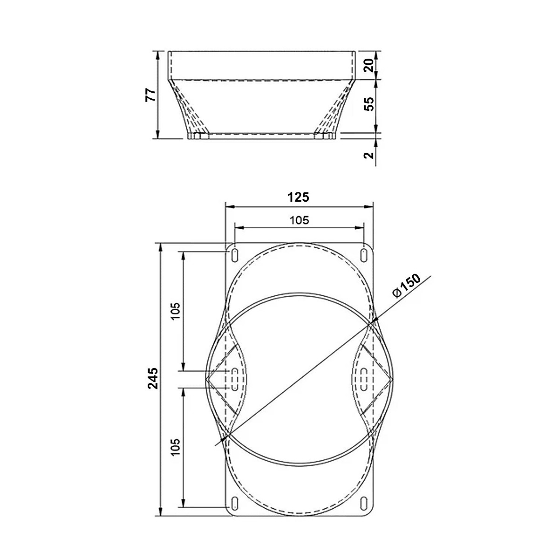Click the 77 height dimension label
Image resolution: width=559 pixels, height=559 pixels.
point(150,95)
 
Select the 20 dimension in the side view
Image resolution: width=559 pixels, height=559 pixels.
point(369,65)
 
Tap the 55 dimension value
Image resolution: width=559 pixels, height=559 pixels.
point(369,104)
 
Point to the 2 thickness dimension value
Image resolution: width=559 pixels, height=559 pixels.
point(369,155)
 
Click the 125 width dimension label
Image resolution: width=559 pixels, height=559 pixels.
point(298,197)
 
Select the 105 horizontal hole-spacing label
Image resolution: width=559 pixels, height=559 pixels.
point(300,220)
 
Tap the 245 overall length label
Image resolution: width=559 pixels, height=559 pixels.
point(153,378)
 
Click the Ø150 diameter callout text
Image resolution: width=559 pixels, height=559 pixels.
point(406,285)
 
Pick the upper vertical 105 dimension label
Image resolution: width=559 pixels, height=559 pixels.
point(176,311)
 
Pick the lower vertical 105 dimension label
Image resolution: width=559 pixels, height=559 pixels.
point(176,447)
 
